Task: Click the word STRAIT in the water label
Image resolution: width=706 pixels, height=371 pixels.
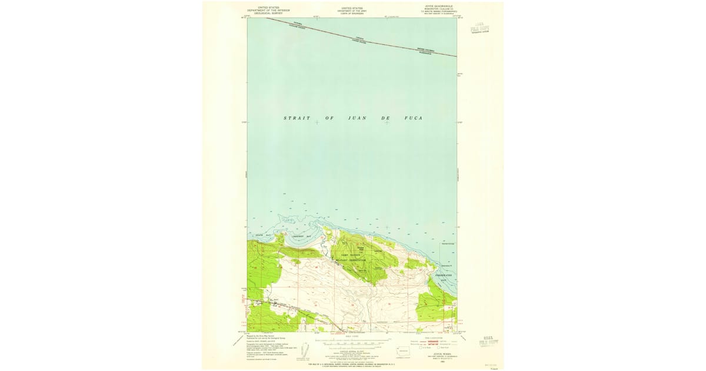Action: [297, 118]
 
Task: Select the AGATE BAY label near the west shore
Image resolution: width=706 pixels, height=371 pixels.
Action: [262, 236]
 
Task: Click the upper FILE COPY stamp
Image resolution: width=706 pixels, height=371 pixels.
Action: [480, 29]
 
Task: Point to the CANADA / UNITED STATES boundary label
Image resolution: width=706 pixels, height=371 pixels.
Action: [359, 39]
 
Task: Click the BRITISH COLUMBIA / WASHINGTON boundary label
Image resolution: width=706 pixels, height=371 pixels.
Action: [426, 51]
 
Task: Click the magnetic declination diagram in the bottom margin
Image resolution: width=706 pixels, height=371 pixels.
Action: [304, 349]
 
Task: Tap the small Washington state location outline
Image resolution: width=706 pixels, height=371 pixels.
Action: [404, 350]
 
